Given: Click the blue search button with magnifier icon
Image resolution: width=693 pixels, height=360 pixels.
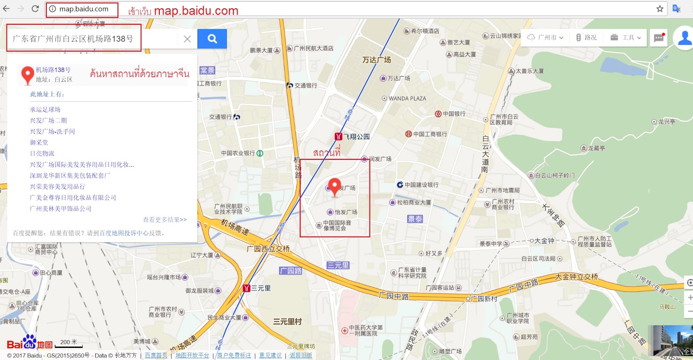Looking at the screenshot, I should click(212, 39).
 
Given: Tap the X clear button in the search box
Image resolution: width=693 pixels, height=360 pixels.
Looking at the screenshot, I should click(187, 39).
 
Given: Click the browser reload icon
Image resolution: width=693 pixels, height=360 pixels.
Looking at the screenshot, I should click(35, 9).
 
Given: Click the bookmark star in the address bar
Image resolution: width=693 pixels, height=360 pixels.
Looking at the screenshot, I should click(660, 9).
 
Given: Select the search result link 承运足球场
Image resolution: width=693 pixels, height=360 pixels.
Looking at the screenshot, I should click(45, 110).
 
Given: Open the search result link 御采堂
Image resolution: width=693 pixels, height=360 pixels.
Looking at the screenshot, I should click(39, 143).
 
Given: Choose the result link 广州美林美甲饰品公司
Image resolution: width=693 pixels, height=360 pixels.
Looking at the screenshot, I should click(61, 209).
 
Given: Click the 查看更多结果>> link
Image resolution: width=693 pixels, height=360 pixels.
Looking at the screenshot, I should click(165, 220).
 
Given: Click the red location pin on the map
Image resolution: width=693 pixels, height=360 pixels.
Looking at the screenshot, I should click(334, 186).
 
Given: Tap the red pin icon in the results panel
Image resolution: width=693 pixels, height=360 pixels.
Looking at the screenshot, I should click(28, 75).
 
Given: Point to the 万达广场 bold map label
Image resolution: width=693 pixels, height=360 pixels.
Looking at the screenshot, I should click(376, 60).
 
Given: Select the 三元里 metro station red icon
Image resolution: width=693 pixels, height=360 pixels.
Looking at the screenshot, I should click(247, 288).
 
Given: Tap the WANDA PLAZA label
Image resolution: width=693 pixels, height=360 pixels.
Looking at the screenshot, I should click(407, 98).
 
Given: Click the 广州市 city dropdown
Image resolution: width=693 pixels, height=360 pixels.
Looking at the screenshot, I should click(545, 38).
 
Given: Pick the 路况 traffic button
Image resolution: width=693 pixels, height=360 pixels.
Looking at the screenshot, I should click(586, 38).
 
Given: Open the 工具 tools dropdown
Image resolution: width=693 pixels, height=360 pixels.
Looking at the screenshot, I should click(625, 38).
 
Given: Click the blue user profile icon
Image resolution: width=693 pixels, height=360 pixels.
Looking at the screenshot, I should click(684, 38).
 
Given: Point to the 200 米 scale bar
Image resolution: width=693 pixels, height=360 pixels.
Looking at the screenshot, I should click(69, 343).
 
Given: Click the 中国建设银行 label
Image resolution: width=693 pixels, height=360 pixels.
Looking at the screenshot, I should click(421, 185).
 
